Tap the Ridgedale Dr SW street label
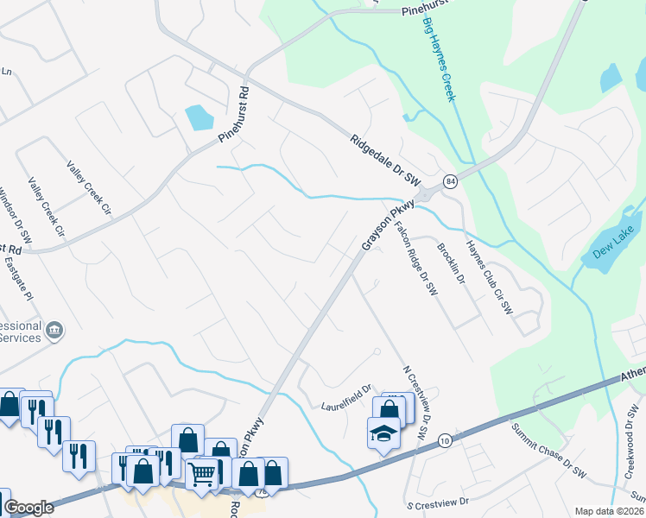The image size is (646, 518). [385, 156]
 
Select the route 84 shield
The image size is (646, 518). [451, 181]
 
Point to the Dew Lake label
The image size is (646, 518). [614, 243]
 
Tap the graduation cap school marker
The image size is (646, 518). [382, 433]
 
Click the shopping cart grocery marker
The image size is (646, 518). [201, 473]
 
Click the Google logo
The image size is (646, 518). [28, 508]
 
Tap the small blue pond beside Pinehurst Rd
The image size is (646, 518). [199, 117]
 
